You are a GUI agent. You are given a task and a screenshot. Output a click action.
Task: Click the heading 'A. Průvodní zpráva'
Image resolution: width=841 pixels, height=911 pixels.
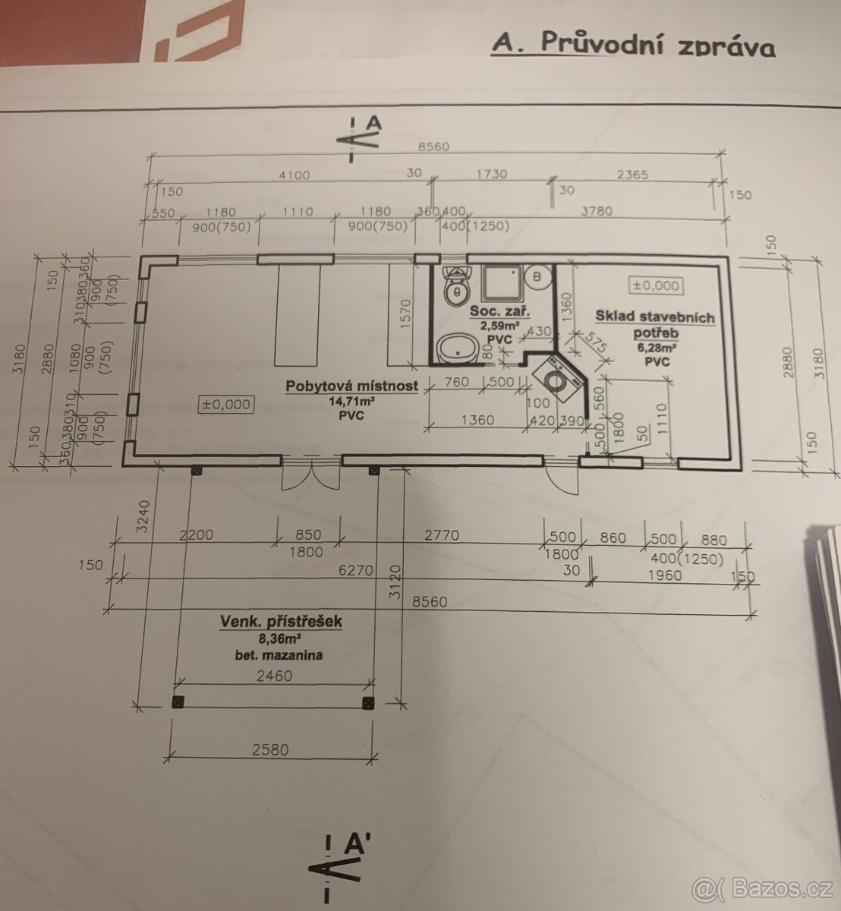[634, 45]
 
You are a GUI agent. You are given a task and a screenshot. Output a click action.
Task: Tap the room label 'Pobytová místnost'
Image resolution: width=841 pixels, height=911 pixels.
[351, 386]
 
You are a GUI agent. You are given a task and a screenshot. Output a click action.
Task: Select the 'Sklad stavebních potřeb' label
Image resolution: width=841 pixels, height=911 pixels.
[655, 325]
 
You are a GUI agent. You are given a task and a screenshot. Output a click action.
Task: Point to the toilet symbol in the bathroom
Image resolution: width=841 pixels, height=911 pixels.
[457, 285]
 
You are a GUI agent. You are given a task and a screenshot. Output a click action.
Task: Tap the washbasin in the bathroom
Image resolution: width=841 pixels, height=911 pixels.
[457, 350]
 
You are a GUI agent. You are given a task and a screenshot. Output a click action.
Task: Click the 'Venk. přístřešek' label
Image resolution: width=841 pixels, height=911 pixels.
[281, 622]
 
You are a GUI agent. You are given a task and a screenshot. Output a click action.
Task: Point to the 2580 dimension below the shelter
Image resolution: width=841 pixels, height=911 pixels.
[270, 749]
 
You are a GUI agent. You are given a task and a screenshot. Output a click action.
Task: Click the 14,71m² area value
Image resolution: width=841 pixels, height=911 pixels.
[351, 402]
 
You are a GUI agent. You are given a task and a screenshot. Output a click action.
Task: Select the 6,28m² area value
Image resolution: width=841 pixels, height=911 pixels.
[657, 348]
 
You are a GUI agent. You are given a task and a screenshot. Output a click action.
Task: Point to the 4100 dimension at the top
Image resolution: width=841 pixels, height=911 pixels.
[295, 175]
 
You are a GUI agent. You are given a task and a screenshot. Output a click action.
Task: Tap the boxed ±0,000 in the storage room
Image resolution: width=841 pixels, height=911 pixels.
[657, 286]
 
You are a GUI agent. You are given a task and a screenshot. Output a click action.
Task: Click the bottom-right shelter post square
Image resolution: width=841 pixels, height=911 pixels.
[369, 702]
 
